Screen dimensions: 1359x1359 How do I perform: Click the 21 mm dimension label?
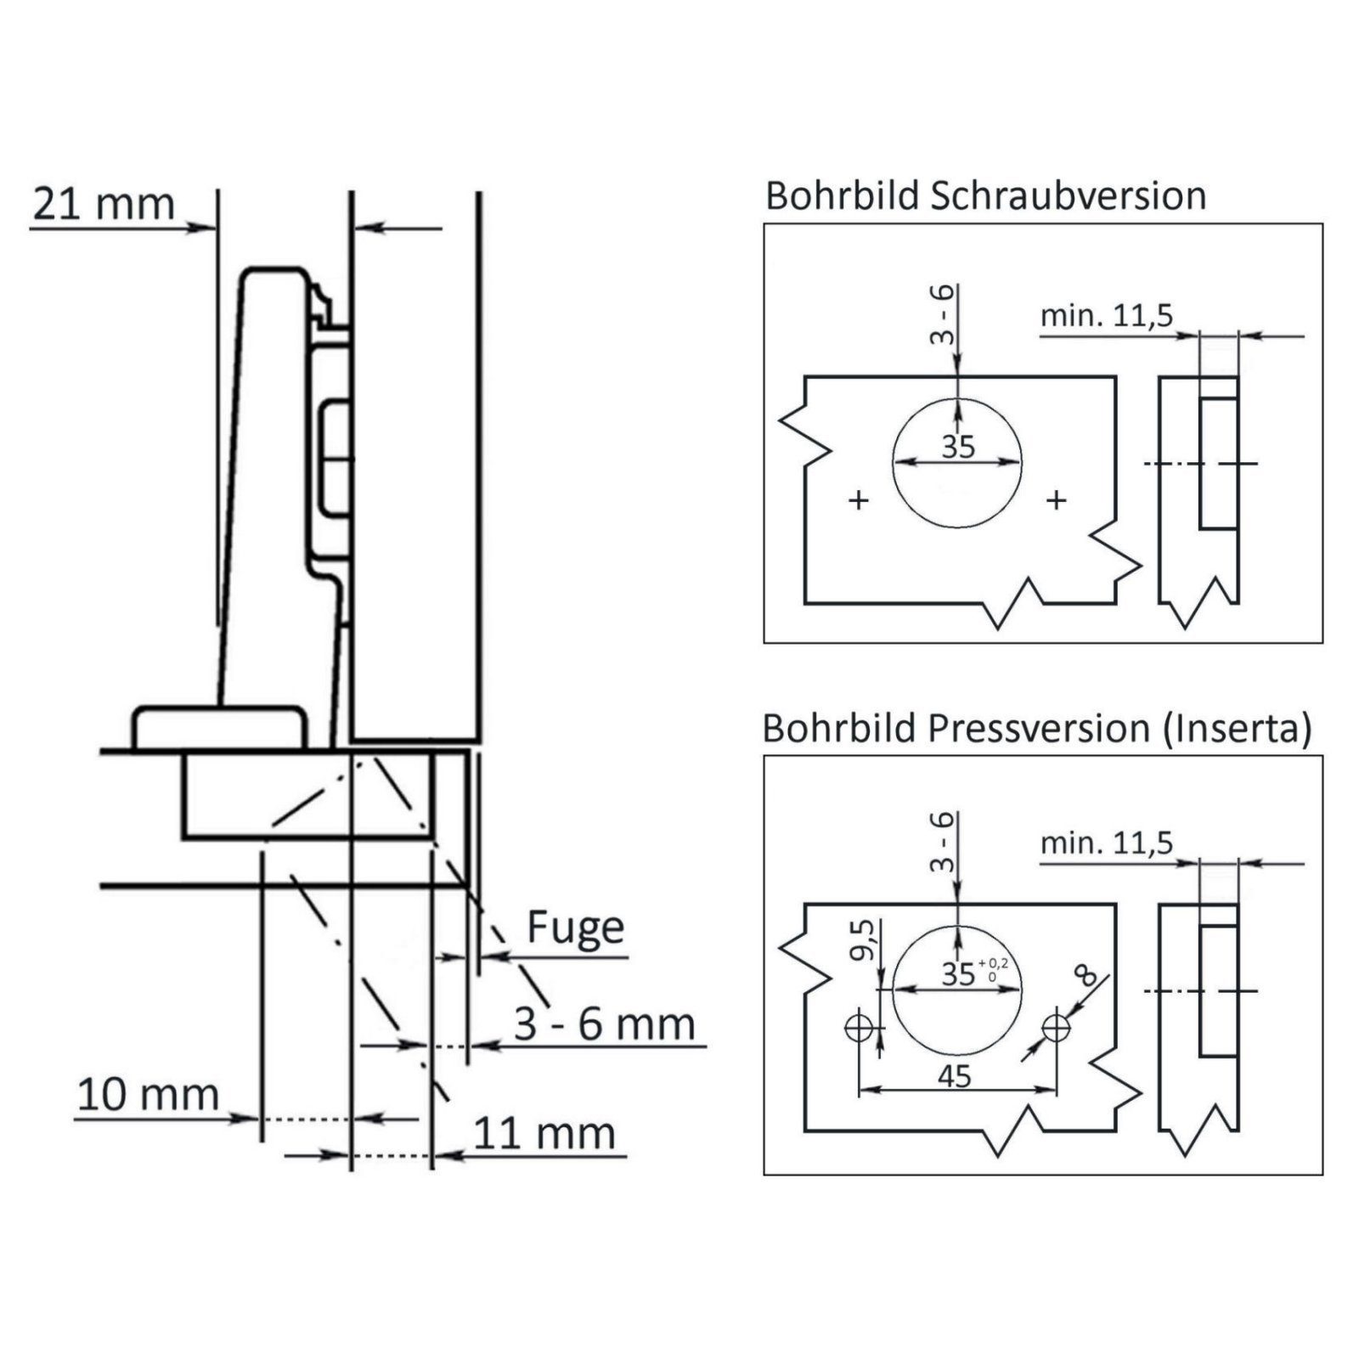(104, 204)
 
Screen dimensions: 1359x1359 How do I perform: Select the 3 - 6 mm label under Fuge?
(604, 1023)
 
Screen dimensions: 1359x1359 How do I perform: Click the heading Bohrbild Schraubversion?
(985, 195)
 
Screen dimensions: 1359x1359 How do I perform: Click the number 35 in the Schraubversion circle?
(958, 447)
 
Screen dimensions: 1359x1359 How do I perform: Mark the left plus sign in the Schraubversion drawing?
(859, 499)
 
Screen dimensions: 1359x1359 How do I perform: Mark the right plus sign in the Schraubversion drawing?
(1057, 499)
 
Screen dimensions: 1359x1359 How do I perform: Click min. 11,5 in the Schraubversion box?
(1106, 316)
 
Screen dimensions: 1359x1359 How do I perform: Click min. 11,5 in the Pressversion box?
(1106, 843)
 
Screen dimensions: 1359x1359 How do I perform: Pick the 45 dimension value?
(955, 1076)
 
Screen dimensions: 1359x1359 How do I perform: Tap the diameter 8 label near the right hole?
(1085, 975)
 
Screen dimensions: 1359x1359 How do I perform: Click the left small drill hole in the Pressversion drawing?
(859, 1029)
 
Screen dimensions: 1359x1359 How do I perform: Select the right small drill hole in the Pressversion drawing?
(1057, 1029)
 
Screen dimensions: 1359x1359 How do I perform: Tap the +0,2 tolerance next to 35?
(993, 962)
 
